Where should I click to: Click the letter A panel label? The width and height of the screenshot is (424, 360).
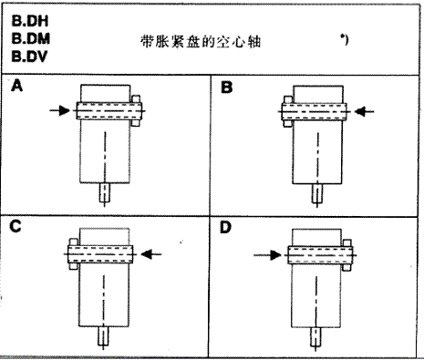(x=16, y=88)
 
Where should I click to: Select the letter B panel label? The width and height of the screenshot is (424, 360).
(x=228, y=88)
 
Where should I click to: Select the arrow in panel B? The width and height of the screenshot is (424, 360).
(x=363, y=112)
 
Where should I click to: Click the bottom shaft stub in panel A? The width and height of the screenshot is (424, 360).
(x=107, y=194)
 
